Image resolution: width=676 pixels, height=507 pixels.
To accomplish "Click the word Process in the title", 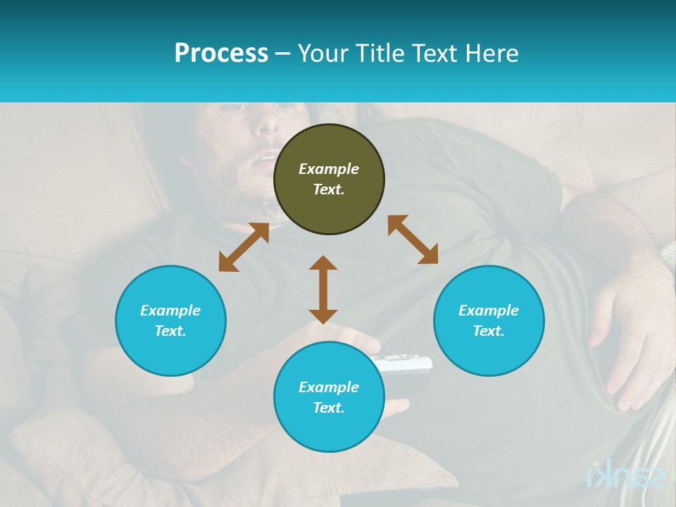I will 221,54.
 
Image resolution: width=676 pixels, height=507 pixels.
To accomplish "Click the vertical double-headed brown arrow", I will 323,289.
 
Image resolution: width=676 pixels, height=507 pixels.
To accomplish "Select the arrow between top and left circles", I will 244,247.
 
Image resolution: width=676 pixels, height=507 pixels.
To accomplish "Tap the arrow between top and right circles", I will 413,239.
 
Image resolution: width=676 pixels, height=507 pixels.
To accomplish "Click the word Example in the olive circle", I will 329,169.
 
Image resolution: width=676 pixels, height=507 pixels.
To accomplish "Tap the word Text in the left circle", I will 170,331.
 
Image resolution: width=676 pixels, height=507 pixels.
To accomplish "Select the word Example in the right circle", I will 489,311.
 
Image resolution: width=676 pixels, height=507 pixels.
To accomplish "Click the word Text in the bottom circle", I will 329,408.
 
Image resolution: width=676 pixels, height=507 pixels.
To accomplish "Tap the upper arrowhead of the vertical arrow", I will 323,263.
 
